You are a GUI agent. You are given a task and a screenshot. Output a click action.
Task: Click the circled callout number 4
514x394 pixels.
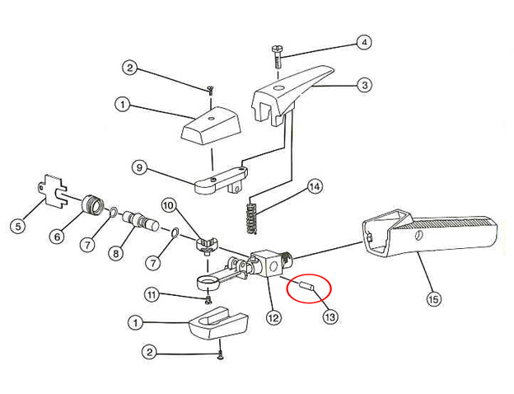364,42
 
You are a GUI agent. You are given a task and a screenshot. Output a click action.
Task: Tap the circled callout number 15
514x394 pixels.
433,299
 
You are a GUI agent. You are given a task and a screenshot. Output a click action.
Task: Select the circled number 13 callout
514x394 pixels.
330,317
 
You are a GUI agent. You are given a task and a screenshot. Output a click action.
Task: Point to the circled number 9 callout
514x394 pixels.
139,167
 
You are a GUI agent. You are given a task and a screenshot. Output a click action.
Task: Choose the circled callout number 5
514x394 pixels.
17,226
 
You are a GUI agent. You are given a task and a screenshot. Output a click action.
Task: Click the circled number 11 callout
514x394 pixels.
151,295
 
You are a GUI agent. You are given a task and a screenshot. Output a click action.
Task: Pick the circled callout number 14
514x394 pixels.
315,187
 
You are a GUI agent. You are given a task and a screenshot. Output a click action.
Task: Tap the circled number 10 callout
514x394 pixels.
169,206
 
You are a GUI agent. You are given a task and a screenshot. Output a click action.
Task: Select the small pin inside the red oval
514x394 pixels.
306,285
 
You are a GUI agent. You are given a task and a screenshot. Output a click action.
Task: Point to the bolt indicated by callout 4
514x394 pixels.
277,56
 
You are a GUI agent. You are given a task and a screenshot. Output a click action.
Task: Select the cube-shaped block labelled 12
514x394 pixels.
268,264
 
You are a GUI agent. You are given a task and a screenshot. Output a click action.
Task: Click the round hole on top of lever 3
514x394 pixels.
279,88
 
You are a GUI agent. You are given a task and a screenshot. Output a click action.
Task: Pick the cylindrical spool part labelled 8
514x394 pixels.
140,221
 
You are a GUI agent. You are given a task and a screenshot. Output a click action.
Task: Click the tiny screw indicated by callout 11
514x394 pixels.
208,299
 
